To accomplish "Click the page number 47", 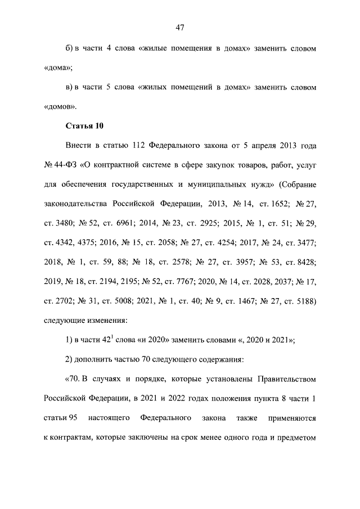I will click(180, 28).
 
